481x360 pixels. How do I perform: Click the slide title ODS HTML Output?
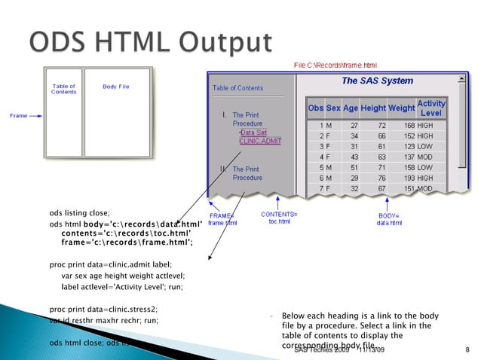[150, 41]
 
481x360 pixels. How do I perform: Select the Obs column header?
[315, 108]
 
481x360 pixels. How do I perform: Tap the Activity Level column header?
[431, 108]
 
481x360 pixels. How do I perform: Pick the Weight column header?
[401, 108]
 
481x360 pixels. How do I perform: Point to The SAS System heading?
[377, 81]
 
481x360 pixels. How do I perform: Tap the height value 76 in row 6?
[381, 178]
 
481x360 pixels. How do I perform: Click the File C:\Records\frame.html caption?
[335, 66]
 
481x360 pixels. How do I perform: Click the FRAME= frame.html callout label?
[222, 219]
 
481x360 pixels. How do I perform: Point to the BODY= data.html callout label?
[389, 219]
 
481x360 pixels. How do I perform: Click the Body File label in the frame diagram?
[115, 87]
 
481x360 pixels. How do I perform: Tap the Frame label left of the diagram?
[19, 116]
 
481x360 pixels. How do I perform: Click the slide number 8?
[467, 351]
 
